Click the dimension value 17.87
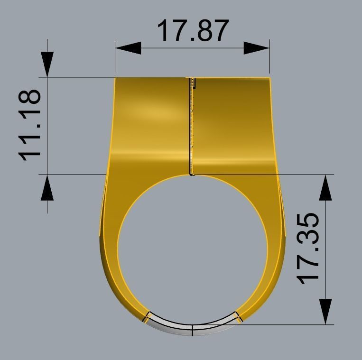[192, 30]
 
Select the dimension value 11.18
[29, 125]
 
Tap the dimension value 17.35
[308, 249]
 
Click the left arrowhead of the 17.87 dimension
[128, 48]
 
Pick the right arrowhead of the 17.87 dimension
[257, 48]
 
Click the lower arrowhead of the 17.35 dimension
[325, 311]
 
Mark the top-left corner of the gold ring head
[115, 78]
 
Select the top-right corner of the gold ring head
[269, 78]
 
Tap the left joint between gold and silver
[147, 317]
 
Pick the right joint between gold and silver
[238, 316]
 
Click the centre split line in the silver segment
[192, 330]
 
